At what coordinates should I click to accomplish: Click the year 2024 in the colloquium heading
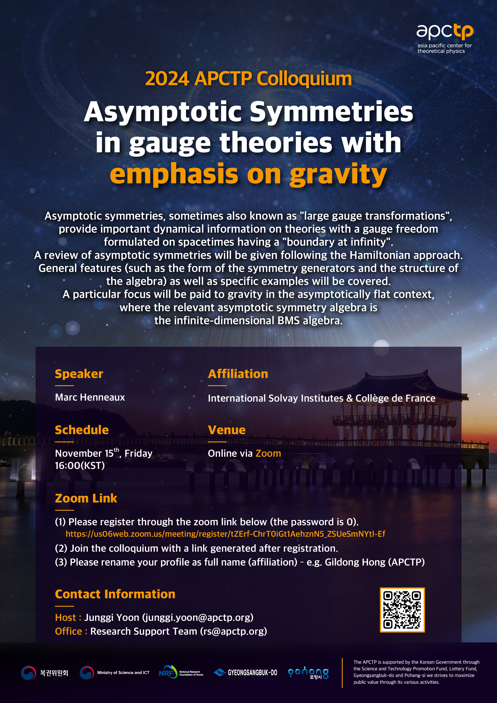pyautogui.click(x=167, y=79)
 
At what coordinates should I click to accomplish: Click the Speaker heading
pyautogui.click(x=79, y=374)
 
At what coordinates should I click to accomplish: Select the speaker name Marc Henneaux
pyautogui.click(x=90, y=397)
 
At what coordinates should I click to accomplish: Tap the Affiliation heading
pyautogui.click(x=238, y=374)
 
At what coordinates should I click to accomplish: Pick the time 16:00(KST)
pyautogui.click(x=80, y=466)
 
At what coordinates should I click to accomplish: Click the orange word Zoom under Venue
pyautogui.click(x=268, y=454)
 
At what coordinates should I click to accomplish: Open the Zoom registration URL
pyautogui.click(x=225, y=534)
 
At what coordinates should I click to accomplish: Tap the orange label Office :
pyautogui.click(x=71, y=631)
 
